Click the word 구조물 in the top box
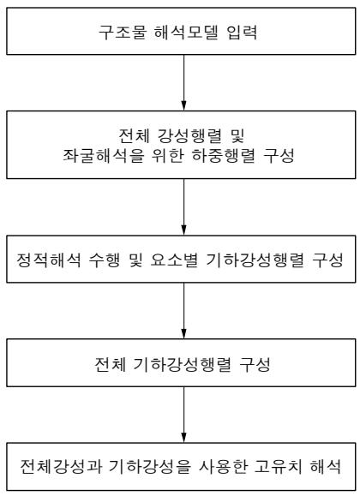pyautogui.click(x=123, y=32)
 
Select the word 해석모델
pyautogui.click(x=186, y=32)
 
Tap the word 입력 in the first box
pyautogui.click(x=242, y=32)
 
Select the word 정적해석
pyautogui.click(x=48, y=260)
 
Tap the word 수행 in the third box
pyautogui.click(x=105, y=260)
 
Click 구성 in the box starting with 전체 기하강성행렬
pyautogui.click(x=255, y=364)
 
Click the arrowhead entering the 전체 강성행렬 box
pyautogui.click(x=183, y=106)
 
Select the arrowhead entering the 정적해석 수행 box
pyautogui.click(x=183, y=230)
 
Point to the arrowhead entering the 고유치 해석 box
pyautogui.click(x=183, y=438)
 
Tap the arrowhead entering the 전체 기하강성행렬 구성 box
pyautogui.click(x=183, y=334)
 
